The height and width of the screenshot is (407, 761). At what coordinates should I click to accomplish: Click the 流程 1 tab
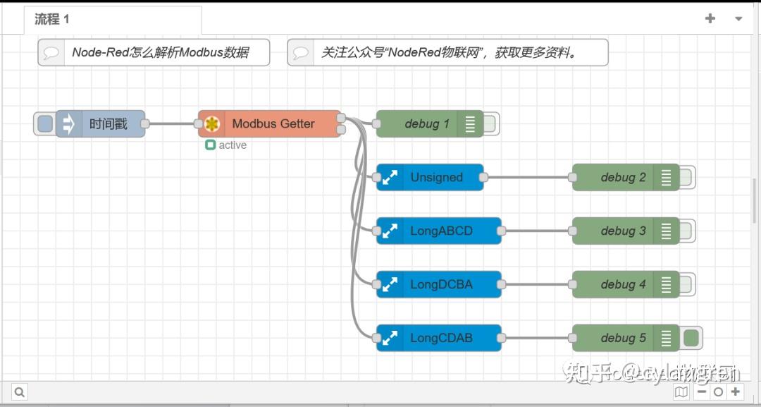pos(53,19)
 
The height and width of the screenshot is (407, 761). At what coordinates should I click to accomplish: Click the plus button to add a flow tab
pos(710,19)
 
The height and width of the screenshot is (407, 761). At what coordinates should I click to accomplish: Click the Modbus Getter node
pos(273,124)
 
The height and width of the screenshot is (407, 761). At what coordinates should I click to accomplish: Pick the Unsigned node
pos(436,178)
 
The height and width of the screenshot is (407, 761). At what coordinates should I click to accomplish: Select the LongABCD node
pos(441,231)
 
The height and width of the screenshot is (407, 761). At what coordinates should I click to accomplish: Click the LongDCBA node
pos(441,285)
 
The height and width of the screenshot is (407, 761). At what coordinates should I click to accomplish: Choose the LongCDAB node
pos(441,339)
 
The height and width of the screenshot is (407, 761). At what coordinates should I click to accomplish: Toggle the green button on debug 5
pos(691,339)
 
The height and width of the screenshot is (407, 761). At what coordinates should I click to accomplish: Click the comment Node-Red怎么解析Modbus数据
pos(160,53)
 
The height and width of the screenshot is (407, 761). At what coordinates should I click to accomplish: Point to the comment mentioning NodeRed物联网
pos(448,53)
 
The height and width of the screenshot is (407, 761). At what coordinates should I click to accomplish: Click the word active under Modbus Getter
pos(233,145)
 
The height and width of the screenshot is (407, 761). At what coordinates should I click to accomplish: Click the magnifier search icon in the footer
pos(20,392)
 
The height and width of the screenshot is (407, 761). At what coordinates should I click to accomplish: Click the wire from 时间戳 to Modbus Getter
pos(172,124)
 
